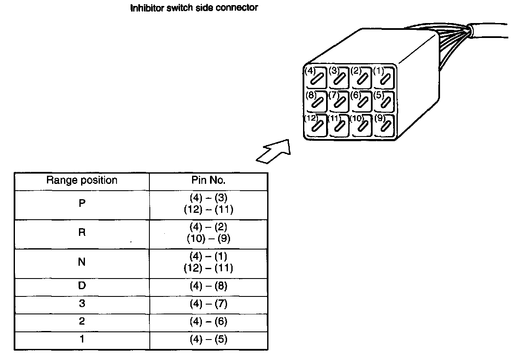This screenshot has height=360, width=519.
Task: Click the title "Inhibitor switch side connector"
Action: point(194,8)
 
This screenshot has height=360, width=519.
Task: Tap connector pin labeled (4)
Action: point(315,78)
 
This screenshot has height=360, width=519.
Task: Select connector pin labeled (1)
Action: point(385,78)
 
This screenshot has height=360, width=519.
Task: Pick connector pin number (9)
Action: point(385,125)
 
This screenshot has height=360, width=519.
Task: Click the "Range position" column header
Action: point(82,180)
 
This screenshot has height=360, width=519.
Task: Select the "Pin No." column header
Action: point(208,180)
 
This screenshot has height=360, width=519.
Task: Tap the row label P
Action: point(82,203)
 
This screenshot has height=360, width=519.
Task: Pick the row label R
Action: point(82,233)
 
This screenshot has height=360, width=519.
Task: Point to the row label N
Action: point(82,262)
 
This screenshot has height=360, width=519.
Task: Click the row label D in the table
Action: point(82,286)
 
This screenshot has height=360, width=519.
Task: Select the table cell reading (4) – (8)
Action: point(208,286)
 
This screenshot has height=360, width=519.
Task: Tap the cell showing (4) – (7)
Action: point(208,304)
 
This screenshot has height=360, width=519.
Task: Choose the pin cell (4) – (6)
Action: point(208,322)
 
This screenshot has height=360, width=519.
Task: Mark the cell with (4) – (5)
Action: point(208,340)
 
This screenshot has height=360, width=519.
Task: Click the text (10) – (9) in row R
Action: point(208,239)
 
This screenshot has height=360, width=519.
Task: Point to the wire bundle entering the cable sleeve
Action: point(455,36)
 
